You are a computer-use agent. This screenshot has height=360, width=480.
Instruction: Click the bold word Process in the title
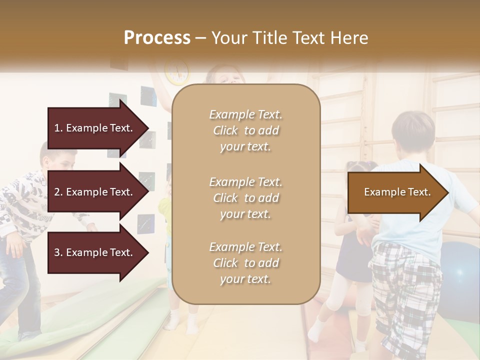point(157,38)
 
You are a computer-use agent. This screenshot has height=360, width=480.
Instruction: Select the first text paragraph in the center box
point(245,130)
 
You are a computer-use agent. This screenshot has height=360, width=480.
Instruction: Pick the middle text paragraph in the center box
point(245,198)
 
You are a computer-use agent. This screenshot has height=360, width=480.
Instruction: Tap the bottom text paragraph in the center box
point(245,263)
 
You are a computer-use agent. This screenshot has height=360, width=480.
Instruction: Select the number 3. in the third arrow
point(58,252)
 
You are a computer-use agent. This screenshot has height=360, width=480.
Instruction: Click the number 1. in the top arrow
point(58,128)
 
